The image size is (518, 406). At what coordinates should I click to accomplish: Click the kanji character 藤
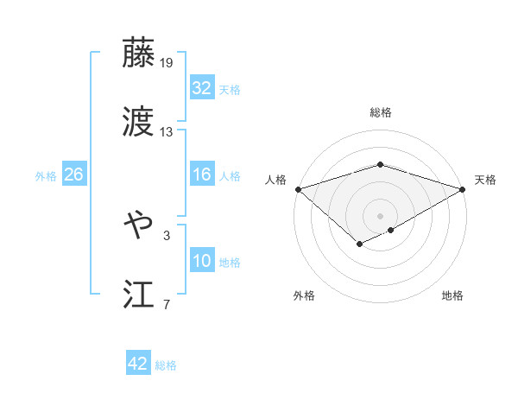[138, 53]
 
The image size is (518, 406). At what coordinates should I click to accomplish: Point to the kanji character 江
[138, 294]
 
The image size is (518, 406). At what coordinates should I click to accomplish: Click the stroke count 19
[167, 63]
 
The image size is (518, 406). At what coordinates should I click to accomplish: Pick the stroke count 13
[167, 132]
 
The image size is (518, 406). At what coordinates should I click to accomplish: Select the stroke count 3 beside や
[167, 235]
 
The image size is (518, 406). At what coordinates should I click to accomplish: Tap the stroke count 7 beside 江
[167, 304]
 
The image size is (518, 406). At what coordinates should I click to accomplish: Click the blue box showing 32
[201, 88]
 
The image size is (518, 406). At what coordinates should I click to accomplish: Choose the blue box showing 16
[201, 174]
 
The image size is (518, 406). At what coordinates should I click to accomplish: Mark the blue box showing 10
[201, 261]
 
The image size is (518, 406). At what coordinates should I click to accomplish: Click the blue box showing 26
[73, 174]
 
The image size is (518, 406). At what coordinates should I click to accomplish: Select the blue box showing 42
[138, 364]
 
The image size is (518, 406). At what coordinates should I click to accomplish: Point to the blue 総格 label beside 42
[166, 365]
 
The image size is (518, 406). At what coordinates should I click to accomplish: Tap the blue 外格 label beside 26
[46, 175]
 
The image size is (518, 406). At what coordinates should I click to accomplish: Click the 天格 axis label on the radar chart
[485, 180]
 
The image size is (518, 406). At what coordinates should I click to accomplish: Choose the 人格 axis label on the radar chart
[276, 180]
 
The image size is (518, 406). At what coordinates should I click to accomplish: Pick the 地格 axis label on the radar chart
[452, 295]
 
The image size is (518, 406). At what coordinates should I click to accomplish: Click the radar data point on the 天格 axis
[463, 188]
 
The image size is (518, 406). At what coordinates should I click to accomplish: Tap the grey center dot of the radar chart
[380, 215]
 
